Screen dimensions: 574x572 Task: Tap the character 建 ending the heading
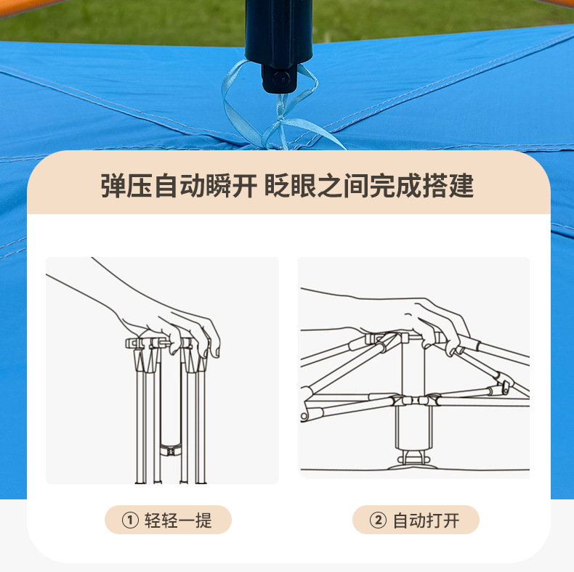[x=461, y=186]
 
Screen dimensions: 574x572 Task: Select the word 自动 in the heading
[x=179, y=186]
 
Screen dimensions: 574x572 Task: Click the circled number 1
[x=130, y=520]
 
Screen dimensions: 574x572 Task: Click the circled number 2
[x=378, y=520]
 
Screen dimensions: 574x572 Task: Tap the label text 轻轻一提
[x=178, y=520]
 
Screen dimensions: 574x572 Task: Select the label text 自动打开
[x=426, y=520]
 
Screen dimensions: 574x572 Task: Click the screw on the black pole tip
[x=280, y=78]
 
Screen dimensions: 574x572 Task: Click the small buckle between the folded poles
[x=171, y=451]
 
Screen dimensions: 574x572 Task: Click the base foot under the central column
[x=413, y=462]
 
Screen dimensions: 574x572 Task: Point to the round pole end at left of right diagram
[x=304, y=416]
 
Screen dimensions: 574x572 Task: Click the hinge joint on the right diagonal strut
[x=506, y=386]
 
